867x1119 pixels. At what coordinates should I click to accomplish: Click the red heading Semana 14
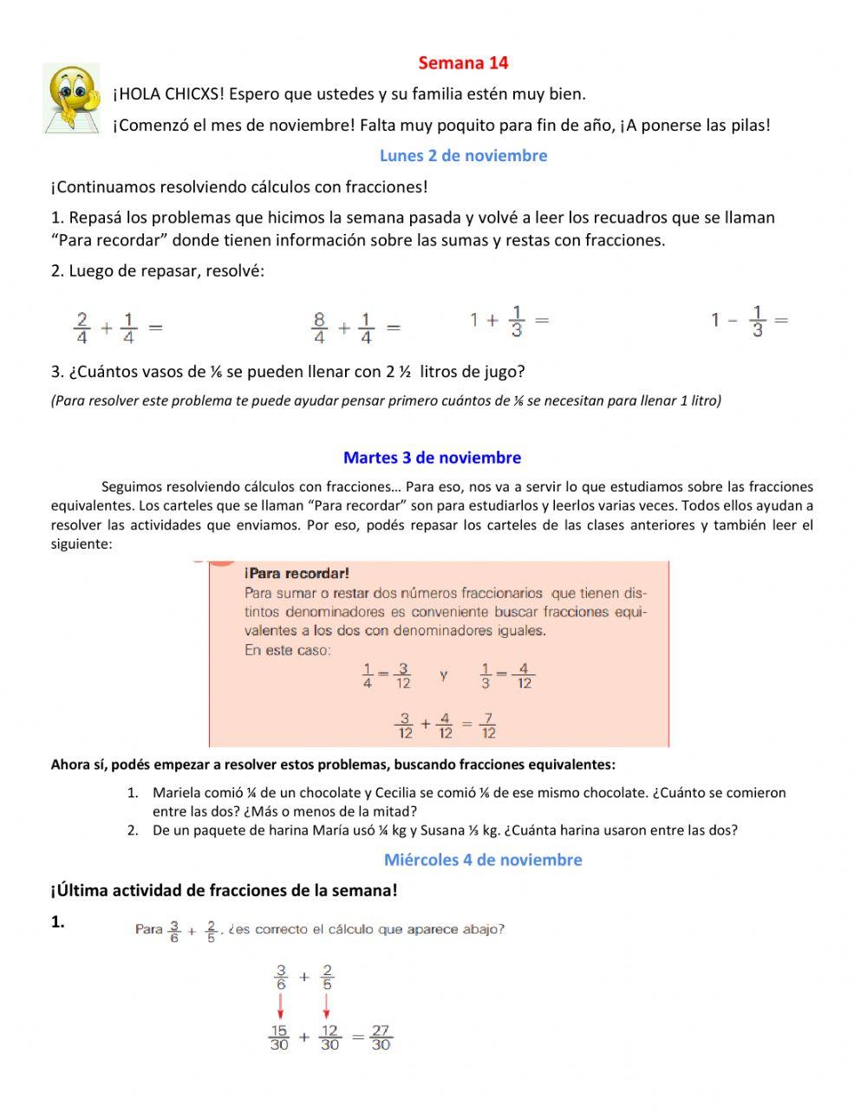pyautogui.click(x=463, y=62)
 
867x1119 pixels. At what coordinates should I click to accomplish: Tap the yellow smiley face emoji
pyautogui.click(x=72, y=97)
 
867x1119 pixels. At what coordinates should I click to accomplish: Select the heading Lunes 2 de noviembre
pyautogui.click(x=463, y=156)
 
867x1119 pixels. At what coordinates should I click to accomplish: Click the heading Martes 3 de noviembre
pyautogui.click(x=432, y=458)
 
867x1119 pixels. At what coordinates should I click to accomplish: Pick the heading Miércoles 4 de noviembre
pyautogui.click(x=483, y=860)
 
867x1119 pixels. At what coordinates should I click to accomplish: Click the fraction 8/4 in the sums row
pyautogui.click(x=319, y=329)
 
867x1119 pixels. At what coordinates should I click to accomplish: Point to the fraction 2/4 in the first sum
pyautogui.click(x=81, y=329)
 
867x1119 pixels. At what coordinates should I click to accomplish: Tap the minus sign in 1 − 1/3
pyautogui.click(x=733, y=321)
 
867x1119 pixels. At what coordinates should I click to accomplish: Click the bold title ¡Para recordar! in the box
pyautogui.click(x=297, y=573)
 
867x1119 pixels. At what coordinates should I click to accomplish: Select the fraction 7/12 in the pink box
pyautogui.click(x=488, y=725)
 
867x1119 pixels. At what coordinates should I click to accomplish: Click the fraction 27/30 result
pyautogui.click(x=381, y=1038)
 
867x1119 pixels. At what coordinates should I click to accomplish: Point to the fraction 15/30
pyautogui.click(x=279, y=1038)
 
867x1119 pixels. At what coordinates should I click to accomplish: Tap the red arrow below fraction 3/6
pyautogui.click(x=280, y=1006)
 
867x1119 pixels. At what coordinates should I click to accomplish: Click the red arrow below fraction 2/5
pyautogui.click(x=327, y=1006)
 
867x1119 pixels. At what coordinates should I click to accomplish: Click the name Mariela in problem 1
pyautogui.click(x=176, y=792)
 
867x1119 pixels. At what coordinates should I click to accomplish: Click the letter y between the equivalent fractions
pyautogui.click(x=444, y=674)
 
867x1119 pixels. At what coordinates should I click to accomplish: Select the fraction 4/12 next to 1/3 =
pyautogui.click(x=524, y=676)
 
